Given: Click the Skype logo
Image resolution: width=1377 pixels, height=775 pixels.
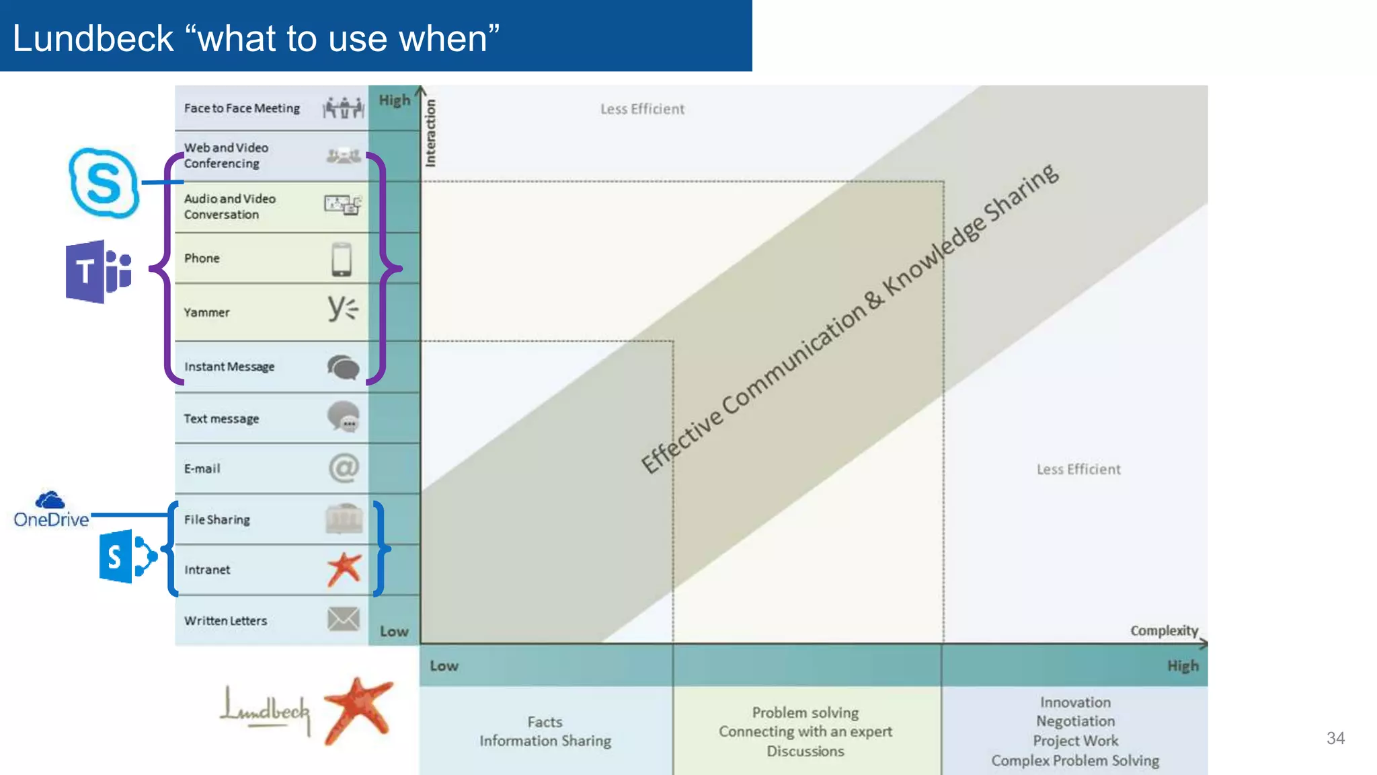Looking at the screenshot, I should (104, 183).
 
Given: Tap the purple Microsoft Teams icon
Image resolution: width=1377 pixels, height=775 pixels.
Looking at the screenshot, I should (98, 272).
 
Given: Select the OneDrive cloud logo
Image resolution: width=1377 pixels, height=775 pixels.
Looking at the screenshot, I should (50, 501).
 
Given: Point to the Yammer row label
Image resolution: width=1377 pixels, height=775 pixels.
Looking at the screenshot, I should (206, 313).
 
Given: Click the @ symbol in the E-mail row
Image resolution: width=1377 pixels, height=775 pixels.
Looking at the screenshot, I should (344, 468).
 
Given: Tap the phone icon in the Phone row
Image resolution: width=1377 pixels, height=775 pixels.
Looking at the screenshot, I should (342, 259).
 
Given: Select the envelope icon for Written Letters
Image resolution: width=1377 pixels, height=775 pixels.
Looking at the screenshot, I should (344, 619).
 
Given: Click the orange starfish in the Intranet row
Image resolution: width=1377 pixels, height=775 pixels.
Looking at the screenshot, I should (344, 569).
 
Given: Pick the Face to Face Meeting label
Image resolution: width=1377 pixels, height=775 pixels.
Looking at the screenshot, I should (242, 108).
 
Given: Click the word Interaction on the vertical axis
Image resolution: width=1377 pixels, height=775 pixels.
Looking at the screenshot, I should (430, 133).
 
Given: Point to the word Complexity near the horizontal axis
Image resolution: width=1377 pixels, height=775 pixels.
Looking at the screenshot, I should (1164, 630).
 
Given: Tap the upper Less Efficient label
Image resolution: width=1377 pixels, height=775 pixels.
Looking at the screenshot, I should (642, 109).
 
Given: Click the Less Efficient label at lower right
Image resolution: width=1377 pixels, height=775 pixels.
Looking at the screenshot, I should (1078, 470).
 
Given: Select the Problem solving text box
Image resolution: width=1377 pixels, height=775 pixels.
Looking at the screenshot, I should (805, 731).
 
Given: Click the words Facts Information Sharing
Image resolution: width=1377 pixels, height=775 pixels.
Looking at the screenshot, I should (545, 731).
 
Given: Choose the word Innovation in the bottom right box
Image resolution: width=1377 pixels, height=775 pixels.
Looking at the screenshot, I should (1075, 702).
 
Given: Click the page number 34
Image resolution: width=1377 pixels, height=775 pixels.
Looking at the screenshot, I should (1335, 738).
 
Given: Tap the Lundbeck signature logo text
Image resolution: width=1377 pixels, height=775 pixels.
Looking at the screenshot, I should (266, 710).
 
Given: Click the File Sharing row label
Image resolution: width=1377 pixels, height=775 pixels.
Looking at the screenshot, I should (217, 520).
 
